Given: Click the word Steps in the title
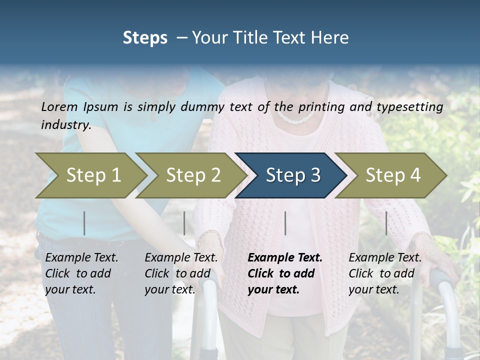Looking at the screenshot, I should (x=145, y=38).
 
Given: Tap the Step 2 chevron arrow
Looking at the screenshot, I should (x=192, y=175).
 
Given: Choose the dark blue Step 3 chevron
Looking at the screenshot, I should (x=292, y=175).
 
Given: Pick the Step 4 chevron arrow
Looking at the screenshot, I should (x=392, y=175).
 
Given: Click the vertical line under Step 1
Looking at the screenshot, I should (x=84, y=223).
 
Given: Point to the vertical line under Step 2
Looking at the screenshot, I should (x=184, y=223).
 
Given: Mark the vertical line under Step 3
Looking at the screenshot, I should (x=285, y=223).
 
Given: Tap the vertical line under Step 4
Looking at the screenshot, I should (x=386, y=223).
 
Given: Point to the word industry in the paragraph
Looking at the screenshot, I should (x=66, y=125).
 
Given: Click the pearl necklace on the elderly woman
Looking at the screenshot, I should (x=296, y=118).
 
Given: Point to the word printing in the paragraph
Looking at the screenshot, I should (x=318, y=107).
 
